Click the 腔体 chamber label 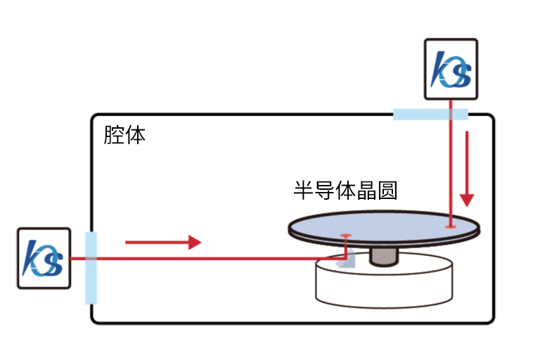(x=124, y=134)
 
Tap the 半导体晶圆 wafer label (x=345, y=190)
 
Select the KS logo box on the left (x=44, y=257)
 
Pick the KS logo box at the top (x=451, y=68)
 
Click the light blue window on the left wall (x=91, y=267)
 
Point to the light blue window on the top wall (x=430, y=114)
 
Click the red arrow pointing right (x=163, y=243)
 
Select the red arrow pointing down (x=468, y=169)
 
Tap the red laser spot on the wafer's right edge (x=450, y=226)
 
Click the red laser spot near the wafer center (x=345, y=235)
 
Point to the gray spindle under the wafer (x=383, y=257)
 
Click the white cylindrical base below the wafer (x=382, y=285)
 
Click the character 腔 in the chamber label (x=114, y=134)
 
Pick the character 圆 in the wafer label (x=387, y=190)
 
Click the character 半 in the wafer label (x=303, y=190)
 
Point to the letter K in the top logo (x=443, y=68)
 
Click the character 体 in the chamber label (x=135, y=134)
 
